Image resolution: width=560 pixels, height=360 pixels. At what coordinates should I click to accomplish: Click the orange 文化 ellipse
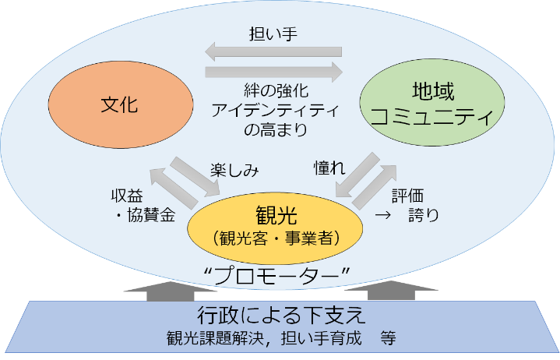120,104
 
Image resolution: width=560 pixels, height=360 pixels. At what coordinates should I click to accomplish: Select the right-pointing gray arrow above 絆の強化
273,72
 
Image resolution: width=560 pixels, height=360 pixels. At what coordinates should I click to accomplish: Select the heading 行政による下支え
280,316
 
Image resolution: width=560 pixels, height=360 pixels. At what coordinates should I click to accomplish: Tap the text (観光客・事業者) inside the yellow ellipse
276,236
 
